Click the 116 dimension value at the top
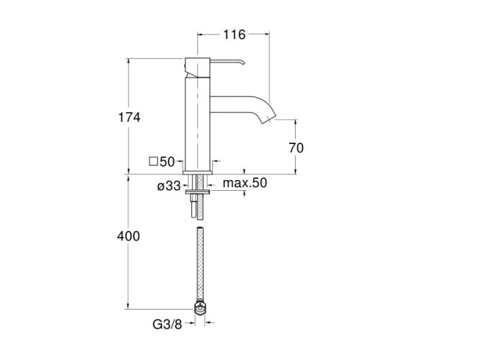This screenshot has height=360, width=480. coord(234,35)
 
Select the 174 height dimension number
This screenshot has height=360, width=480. coord(130,117)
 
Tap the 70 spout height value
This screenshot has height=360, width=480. coord(296,148)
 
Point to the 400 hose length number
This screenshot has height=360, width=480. coord(129,236)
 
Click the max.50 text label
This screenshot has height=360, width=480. coord(245,183)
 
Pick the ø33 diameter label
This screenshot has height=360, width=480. coord(169,186)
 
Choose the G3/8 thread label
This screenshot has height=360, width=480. coord(167,324)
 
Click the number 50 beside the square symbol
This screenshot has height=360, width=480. coord(167,162)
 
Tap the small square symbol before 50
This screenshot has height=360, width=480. coord(153,161)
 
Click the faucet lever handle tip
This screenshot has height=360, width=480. coord(244,63)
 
